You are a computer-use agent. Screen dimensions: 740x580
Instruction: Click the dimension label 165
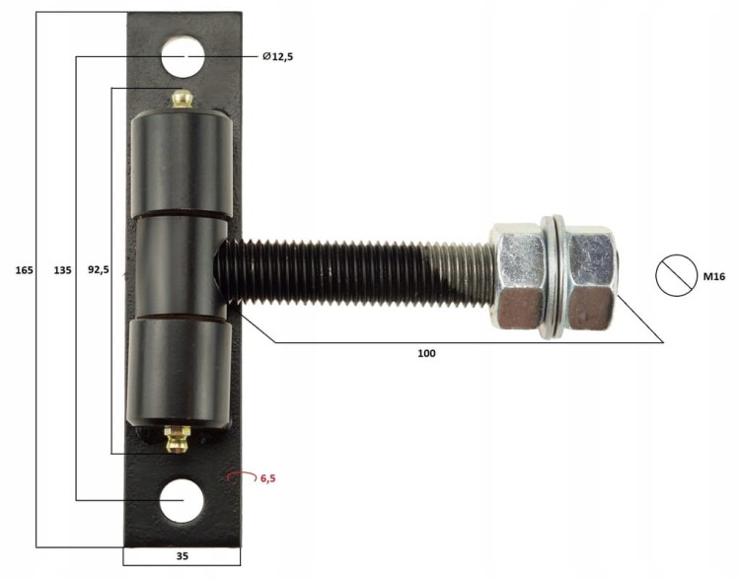pyautogui.click(x=24, y=270)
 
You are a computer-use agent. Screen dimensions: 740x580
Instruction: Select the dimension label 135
pyautogui.click(x=62, y=270)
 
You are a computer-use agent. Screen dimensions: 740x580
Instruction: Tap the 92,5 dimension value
pyautogui.click(x=99, y=270)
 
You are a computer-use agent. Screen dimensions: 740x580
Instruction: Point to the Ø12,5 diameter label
pyautogui.click(x=277, y=56)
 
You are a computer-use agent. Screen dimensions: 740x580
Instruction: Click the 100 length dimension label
pyautogui.click(x=426, y=353)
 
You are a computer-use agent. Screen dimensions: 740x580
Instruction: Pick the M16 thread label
pyautogui.click(x=714, y=276)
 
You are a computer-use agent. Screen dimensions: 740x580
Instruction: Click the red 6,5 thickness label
pyautogui.click(x=267, y=478)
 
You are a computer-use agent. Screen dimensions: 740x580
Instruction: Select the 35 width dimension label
pyautogui.click(x=183, y=556)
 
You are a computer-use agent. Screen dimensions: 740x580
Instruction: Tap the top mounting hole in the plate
pyautogui.click(x=183, y=56)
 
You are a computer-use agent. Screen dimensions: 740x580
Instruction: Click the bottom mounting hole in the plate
pyautogui.click(x=182, y=501)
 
